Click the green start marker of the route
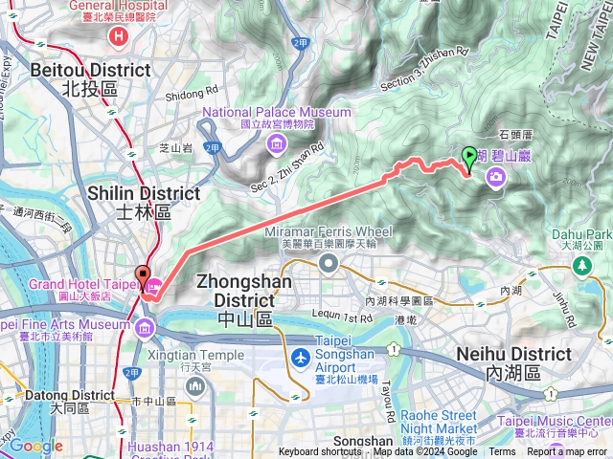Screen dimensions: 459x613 (x=468, y=156)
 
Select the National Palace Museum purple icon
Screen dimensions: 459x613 (x=277, y=144)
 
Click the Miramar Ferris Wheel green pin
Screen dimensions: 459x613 (x=329, y=262)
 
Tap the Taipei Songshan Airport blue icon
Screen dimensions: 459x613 (x=301, y=358)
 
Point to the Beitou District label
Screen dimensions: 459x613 (x=90, y=78)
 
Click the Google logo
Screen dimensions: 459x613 (x=35, y=446)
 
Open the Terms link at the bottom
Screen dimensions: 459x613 (x=502, y=452)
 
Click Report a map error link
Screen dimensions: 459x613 (x=567, y=452)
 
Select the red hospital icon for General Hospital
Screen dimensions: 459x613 (x=119, y=36)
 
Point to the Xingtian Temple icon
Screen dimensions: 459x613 (x=195, y=386)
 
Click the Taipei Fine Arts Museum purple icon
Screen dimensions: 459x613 (x=144, y=330)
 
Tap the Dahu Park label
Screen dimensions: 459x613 (x=582, y=234)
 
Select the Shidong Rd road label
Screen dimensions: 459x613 (x=191, y=95)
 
